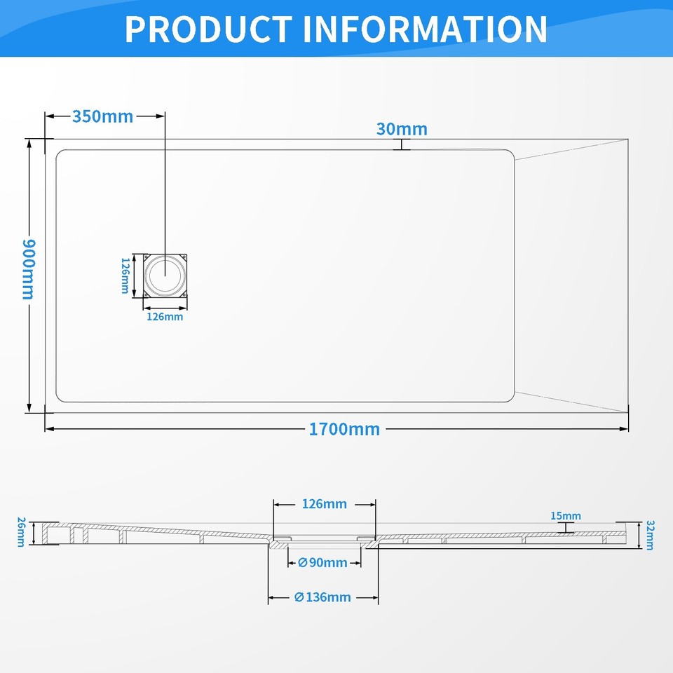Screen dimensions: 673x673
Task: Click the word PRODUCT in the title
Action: (x=208, y=29)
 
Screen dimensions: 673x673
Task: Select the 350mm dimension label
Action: (x=102, y=116)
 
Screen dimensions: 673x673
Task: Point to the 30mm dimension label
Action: (x=402, y=129)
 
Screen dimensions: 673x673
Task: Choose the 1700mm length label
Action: (x=344, y=429)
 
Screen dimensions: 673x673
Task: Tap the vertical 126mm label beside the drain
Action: (x=125, y=276)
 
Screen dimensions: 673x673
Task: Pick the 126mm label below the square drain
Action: (x=165, y=317)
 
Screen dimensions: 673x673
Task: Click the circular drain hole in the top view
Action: (x=165, y=274)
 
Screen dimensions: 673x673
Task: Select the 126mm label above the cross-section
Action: (x=324, y=504)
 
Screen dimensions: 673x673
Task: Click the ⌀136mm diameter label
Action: (x=322, y=597)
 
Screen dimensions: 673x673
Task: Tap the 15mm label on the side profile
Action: (x=565, y=516)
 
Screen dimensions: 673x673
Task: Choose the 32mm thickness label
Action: (x=650, y=535)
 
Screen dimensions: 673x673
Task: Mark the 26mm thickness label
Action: (x=21, y=531)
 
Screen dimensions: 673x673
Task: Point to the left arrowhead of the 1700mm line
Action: (x=49, y=429)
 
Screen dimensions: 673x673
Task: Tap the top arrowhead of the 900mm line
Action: (x=29, y=142)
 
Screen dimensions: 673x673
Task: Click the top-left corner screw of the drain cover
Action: (x=147, y=257)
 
